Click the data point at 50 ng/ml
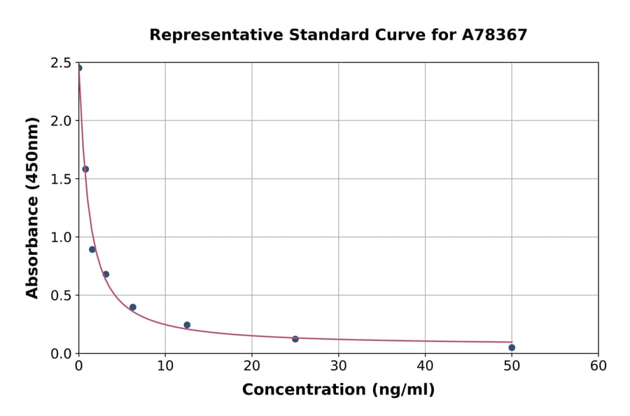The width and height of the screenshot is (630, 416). [512, 347]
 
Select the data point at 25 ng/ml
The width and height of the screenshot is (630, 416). [295, 339]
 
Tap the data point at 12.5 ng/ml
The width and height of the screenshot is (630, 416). [187, 325]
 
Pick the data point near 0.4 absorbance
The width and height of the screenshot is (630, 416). [133, 307]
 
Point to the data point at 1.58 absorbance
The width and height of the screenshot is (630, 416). [85, 169]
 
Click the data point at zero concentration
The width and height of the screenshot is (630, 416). [79, 68]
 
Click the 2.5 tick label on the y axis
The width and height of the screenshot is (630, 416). [62, 63]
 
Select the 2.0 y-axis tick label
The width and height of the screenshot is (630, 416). [62, 121]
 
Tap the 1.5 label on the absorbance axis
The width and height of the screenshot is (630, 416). [62, 179]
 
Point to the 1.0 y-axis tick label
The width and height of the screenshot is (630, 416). [62, 237]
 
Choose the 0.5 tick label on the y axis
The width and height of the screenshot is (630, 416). [62, 296]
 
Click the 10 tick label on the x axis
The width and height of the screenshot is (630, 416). [165, 366]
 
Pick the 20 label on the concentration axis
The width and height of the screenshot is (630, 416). [252, 366]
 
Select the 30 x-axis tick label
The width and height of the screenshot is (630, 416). [339, 366]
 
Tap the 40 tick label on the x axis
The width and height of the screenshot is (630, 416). [425, 366]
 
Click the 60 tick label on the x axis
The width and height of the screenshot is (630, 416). [598, 366]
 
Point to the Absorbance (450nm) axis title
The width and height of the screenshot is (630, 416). [32, 208]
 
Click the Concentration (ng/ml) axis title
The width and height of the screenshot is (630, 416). [339, 390]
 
